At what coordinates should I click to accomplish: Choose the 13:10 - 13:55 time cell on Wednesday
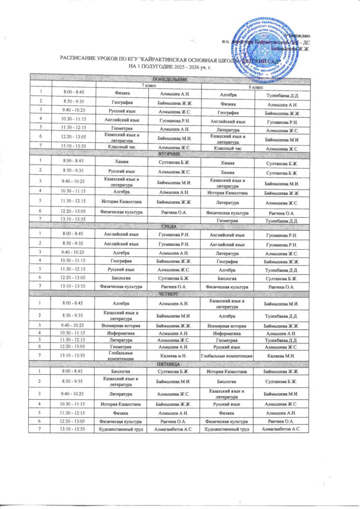[x=74, y=287]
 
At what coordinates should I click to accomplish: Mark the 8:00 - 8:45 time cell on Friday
[x=74, y=370]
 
